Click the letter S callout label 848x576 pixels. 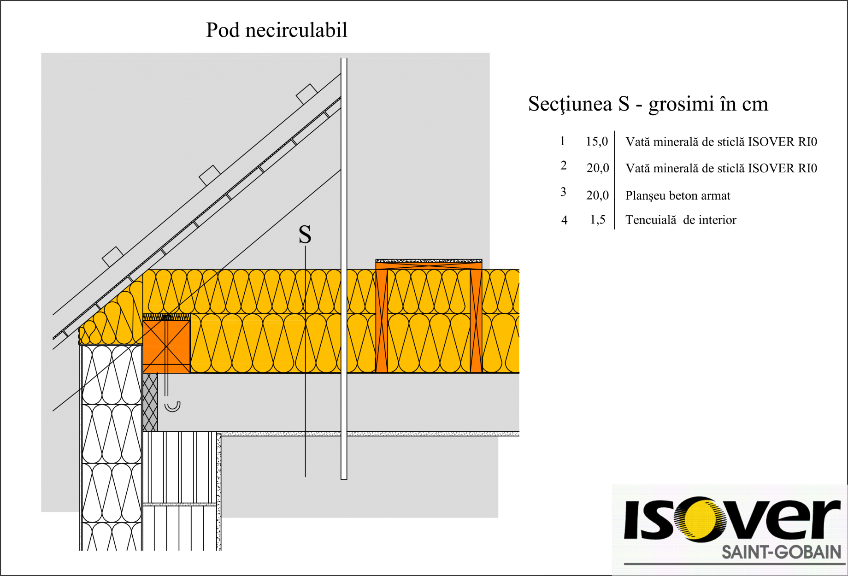305,235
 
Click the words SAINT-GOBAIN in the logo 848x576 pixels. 781,552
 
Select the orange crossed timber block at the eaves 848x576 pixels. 166,346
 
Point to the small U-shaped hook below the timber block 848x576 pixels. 172,406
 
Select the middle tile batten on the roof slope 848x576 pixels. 209,175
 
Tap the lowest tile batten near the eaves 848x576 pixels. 112,256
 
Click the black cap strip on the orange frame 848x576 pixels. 429,261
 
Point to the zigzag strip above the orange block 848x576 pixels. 166,317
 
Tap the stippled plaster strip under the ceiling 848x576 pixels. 369,434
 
